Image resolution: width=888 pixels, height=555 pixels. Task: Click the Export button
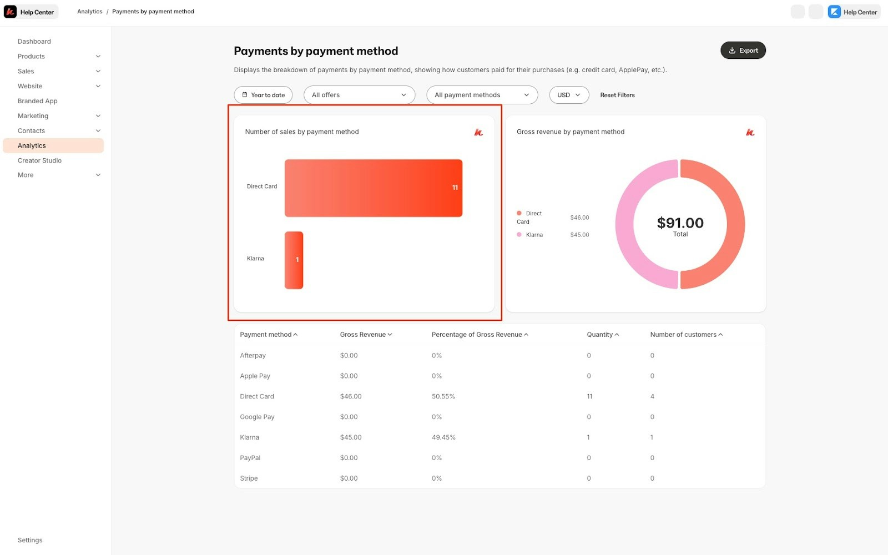743,51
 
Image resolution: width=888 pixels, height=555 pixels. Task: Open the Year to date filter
263,95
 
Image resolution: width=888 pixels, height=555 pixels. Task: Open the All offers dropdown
359,95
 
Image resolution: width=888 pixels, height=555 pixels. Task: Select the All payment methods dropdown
482,95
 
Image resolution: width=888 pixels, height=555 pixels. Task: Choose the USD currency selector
568,95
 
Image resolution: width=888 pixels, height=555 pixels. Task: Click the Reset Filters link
617,95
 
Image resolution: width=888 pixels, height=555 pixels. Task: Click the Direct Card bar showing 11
373,188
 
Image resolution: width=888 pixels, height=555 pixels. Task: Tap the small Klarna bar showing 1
294,260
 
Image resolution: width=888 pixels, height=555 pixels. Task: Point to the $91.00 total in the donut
680,223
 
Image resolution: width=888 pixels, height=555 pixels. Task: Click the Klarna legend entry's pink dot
519,235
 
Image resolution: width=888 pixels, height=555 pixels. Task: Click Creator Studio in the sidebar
39,160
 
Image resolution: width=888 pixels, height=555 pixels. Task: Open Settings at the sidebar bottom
30,540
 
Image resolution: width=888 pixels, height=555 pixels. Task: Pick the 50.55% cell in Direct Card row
443,396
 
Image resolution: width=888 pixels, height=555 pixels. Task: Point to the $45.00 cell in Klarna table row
350,437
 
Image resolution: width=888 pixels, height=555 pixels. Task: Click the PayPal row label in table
250,458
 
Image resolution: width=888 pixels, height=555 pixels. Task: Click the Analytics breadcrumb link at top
89,12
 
